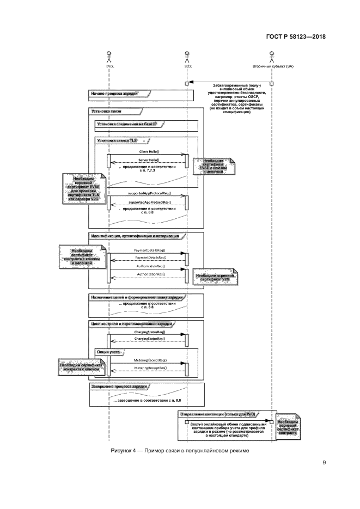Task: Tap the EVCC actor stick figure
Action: (x=109, y=56)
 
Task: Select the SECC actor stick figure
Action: (x=187, y=56)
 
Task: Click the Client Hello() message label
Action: (x=149, y=151)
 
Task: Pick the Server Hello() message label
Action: (x=149, y=160)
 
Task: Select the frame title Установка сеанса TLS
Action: (x=117, y=140)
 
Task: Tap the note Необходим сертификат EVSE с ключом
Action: (x=216, y=165)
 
